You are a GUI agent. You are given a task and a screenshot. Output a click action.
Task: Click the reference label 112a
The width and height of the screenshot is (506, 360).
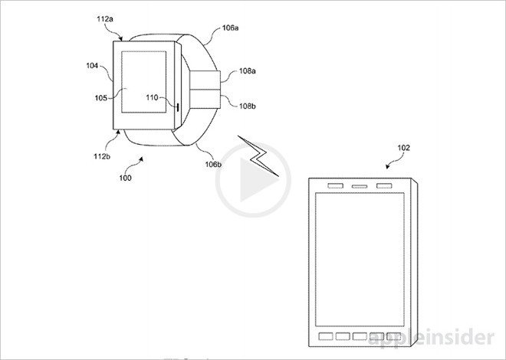tap(105, 19)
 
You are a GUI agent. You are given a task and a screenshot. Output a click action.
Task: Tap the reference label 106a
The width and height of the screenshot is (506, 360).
tap(230, 28)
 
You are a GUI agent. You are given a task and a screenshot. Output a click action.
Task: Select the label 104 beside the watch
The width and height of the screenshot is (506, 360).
tap(92, 66)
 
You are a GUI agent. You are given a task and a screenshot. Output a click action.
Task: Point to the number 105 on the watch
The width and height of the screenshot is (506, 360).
tap(100, 97)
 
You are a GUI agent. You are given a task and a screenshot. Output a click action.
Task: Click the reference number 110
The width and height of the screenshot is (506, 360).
tap(152, 97)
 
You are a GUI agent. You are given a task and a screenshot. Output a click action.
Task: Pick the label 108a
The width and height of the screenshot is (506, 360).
tap(247, 71)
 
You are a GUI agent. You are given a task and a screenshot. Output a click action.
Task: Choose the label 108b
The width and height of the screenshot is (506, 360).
tap(247, 106)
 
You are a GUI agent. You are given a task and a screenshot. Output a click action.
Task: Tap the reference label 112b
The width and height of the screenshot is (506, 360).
tap(102, 156)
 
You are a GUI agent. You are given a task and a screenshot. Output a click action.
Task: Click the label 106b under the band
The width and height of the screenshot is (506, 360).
tap(213, 165)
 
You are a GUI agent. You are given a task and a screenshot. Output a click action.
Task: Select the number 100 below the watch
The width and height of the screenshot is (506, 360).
tap(125, 178)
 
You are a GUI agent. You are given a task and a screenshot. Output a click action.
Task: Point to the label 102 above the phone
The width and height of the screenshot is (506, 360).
tap(403, 148)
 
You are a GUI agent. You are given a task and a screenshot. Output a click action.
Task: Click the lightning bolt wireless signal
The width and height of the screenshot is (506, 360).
tap(258, 156)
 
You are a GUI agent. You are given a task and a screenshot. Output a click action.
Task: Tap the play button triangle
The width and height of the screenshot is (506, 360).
tap(257, 180)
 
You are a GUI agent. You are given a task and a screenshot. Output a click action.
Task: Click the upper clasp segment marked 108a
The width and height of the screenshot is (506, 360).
tap(205, 80)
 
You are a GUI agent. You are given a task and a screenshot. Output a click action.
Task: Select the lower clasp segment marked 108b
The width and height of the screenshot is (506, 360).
tap(205, 100)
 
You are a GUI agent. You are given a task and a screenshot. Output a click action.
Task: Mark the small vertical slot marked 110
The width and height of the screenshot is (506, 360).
tap(178, 107)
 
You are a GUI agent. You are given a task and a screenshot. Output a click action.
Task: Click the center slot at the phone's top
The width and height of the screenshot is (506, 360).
tap(359, 186)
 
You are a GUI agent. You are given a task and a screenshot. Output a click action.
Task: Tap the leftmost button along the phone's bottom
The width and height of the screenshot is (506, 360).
tap(326, 336)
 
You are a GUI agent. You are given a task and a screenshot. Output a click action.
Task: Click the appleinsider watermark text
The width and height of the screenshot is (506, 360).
tap(432, 338)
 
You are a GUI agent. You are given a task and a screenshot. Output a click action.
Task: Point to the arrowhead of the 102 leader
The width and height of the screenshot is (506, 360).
tap(387, 167)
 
